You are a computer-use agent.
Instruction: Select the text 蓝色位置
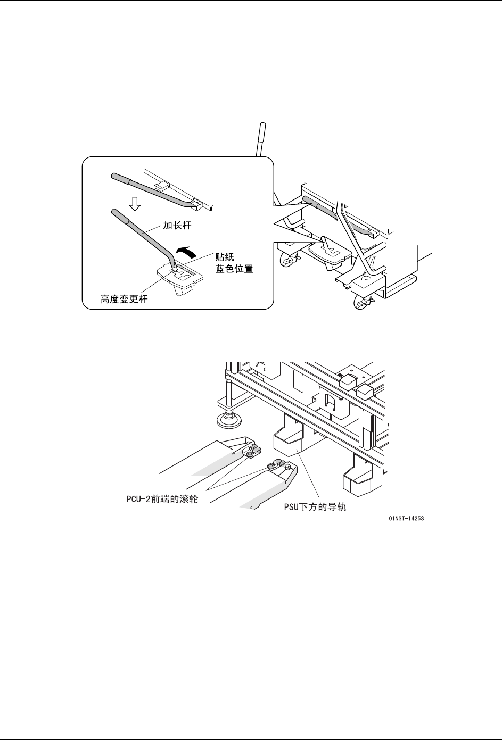[x=234, y=269]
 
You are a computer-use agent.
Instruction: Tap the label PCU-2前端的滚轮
[x=159, y=500]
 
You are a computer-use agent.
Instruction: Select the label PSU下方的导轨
[x=315, y=508]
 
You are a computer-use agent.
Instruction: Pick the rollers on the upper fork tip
[x=251, y=452]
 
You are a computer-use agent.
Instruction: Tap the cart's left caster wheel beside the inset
[x=288, y=261]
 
